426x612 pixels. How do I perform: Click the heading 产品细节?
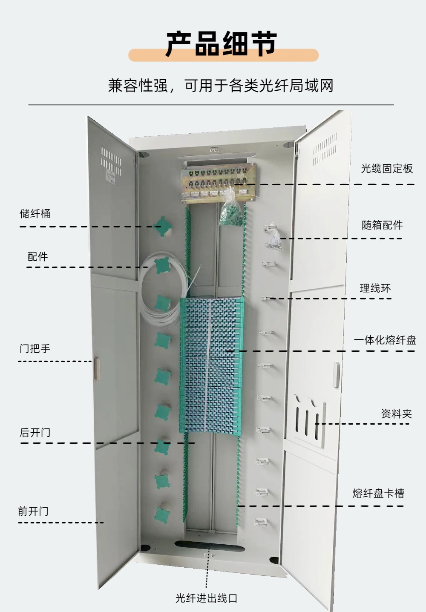221,44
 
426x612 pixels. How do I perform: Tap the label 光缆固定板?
387,169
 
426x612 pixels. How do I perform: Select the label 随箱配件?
382,225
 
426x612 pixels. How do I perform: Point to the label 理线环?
375,288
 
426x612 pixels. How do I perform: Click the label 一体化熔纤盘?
385,340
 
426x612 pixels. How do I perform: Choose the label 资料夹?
396,414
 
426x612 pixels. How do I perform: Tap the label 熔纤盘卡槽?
378,494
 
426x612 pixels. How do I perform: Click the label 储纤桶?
35,213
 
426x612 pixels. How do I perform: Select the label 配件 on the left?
37,257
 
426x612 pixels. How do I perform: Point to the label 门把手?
35,348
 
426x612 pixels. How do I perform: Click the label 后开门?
35,433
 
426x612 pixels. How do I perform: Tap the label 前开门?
33,511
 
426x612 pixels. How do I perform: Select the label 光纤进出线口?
206,598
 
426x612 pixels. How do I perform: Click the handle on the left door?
97,368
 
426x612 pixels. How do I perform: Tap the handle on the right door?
337,375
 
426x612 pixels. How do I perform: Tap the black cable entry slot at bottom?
207,547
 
